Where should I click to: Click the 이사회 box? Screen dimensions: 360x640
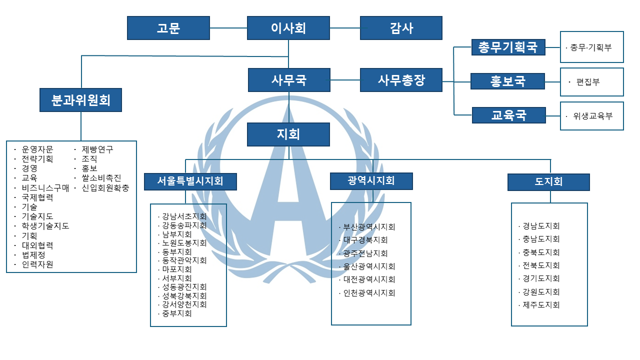(288, 28)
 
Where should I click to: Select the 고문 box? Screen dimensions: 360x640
(168, 28)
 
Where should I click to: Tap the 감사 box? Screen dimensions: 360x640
(401, 28)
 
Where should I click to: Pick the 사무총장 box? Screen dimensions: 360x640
(401, 80)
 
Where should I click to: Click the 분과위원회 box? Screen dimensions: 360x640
(80, 100)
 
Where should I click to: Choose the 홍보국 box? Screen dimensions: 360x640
(508, 81)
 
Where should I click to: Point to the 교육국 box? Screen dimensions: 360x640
(508, 115)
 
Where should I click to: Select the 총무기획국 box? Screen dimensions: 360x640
(508, 47)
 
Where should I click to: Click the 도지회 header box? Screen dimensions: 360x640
(548, 182)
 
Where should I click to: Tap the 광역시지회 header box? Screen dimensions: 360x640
(371, 180)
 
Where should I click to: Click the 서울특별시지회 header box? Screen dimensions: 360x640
(190, 181)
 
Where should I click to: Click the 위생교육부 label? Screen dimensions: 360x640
(592, 116)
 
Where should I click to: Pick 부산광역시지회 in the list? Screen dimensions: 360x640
(369, 227)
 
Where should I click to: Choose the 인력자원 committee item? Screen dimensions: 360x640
(37, 264)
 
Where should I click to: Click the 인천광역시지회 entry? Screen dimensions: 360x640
(369, 293)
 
